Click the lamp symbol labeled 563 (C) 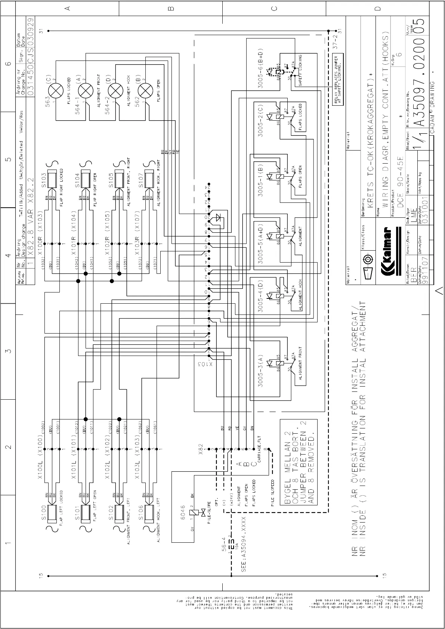tap(56, 90)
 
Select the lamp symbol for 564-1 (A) tap(86, 90)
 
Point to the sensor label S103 tap(44, 180)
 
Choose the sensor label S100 tap(44, 512)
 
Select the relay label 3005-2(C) tap(261, 123)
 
